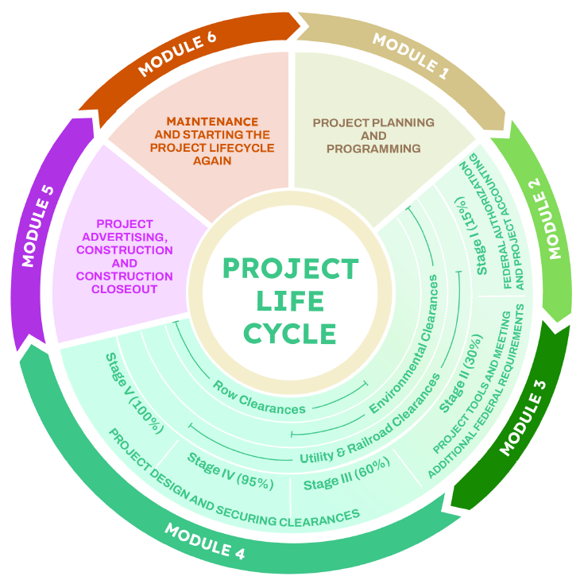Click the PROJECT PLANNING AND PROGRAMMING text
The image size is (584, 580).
pos(373,136)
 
